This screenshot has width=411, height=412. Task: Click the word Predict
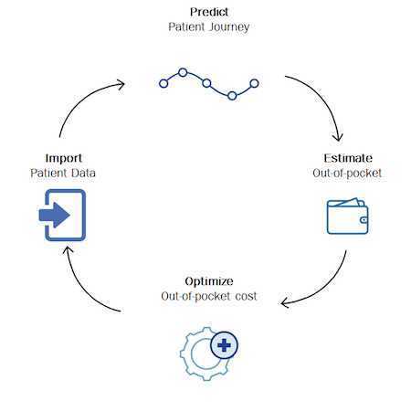[x=209, y=12]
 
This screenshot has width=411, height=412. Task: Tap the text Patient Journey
[x=209, y=26]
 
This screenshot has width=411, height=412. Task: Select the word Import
[x=64, y=158]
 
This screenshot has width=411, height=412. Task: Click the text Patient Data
[x=63, y=173]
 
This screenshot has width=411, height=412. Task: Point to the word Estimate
[x=348, y=158]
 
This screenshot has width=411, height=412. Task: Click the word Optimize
[x=209, y=281]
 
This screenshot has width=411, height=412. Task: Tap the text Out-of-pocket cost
[x=209, y=296]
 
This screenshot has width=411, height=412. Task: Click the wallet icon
[x=347, y=216]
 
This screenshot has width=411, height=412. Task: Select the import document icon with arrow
[x=62, y=215]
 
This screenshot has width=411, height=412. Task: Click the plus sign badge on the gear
[x=224, y=345]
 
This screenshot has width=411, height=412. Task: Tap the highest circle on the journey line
[x=183, y=72]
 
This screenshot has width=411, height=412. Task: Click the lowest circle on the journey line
[x=232, y=96]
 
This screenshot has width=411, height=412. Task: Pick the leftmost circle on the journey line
[x=163, y=83]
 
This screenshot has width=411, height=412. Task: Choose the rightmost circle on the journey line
[x=254, y=83]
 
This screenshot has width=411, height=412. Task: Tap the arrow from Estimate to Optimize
[x=325, y=287]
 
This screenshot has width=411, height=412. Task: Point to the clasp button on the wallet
[x=364, y=220]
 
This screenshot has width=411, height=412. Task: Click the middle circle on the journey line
[x=206, y=83]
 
